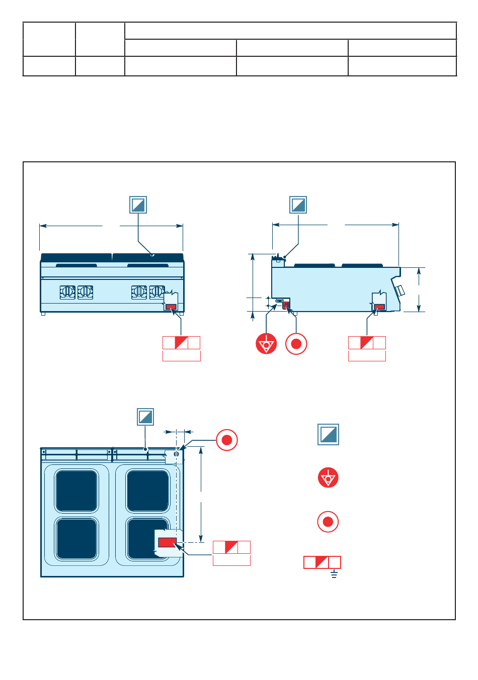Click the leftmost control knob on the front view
tap(67, 292)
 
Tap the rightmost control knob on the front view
tap(157, 292)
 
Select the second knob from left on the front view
tap(86, 292)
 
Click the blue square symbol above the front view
tap(138, 205)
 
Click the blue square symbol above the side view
tap(298, 205)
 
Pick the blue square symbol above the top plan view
tap(145, 417)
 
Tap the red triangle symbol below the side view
tap(266, 344)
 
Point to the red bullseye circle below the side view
tap(296, 344)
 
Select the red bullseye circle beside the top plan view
tap(226, 440)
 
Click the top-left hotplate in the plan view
tap(76, 491)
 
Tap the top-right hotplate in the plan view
tap(148, 491)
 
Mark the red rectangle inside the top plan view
tap(167, 542)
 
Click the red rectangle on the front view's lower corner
tap(171, 307)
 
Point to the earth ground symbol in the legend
tap(334, 574)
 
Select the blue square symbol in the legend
tap(328, 435)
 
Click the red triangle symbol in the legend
tap(328, 477)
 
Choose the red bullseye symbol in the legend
tap(328, 522)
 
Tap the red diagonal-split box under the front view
tap(181, 343)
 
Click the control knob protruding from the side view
tap(400, 291)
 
